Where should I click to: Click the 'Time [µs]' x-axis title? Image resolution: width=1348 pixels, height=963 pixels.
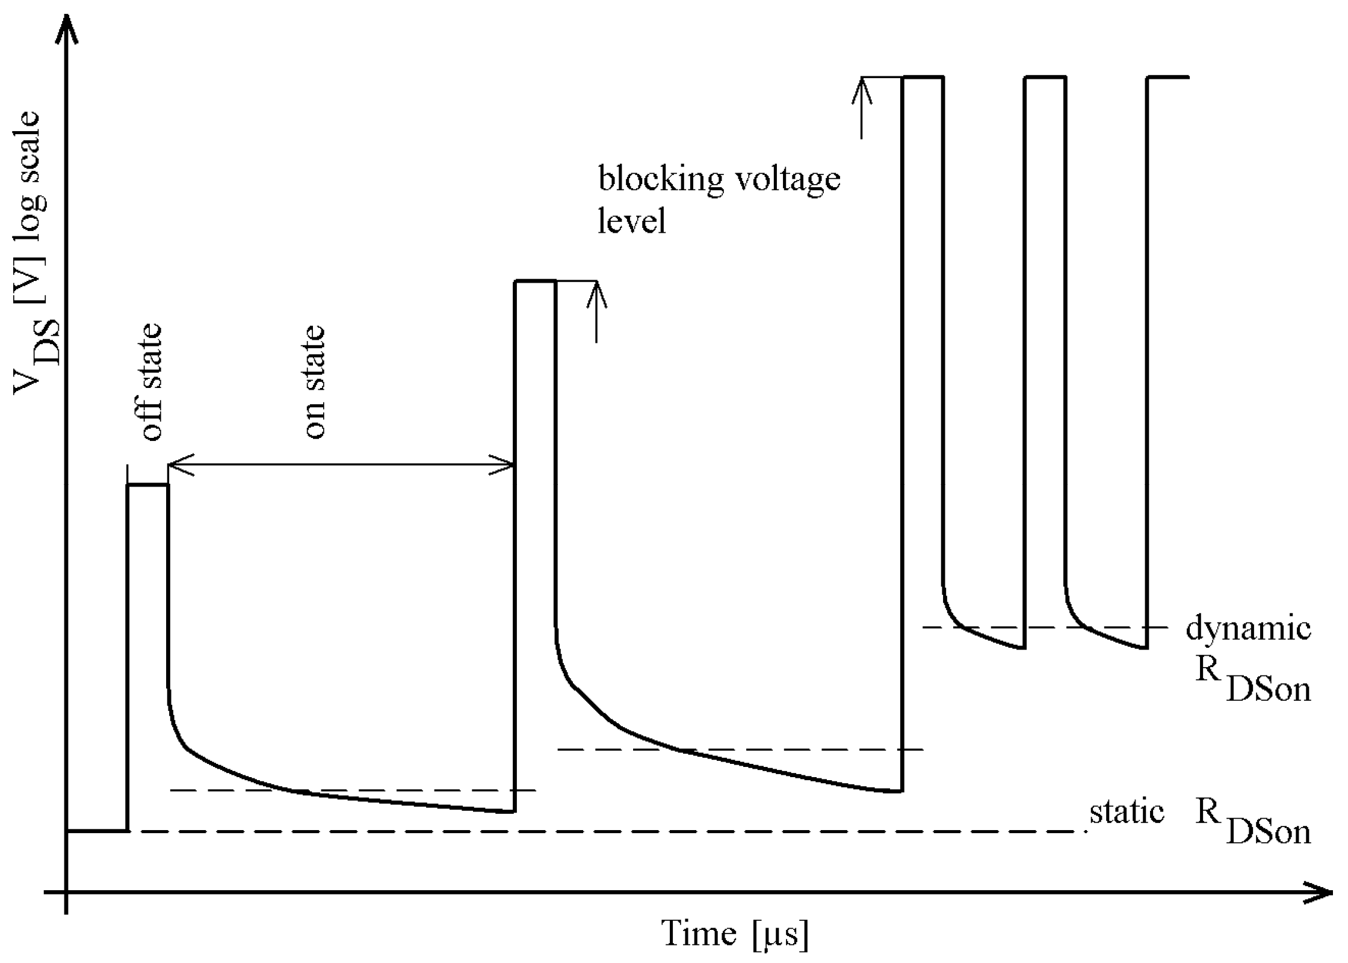point(735,934)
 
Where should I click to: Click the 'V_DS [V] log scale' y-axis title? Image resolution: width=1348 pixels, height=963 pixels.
point(36,253)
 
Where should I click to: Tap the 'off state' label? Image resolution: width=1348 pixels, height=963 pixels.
point(150,383)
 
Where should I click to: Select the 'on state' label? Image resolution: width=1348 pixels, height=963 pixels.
point(314,383)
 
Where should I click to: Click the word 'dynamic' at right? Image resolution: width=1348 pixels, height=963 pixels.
point(1248,629)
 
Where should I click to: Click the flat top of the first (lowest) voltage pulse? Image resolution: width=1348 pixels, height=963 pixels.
point(147,485)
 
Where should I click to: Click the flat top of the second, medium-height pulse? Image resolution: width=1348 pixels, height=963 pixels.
point(534,281)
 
